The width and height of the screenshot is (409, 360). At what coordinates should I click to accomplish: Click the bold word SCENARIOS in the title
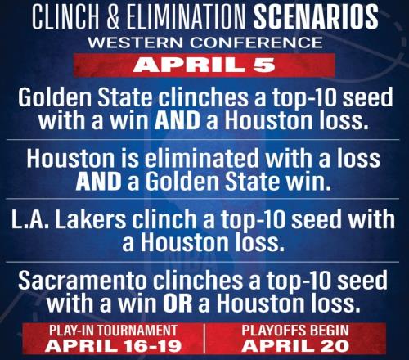click(316, 16)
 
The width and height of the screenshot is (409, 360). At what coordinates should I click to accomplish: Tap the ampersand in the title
click(114, 16)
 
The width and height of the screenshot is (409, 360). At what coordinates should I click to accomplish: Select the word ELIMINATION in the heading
click(187, 16)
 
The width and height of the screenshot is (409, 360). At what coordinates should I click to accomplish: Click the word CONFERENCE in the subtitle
click(256, 43)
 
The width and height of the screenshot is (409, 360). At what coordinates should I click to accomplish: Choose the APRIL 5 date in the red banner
click(204, 65)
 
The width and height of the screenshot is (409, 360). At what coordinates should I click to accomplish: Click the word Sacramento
click(82, 281)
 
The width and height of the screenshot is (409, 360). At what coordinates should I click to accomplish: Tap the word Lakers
click(91, 219)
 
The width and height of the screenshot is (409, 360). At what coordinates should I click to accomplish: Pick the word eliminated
click(201, 158)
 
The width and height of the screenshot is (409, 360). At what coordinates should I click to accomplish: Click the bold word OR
click(178, 304)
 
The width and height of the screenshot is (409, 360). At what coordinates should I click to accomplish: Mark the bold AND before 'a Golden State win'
click(98, 182)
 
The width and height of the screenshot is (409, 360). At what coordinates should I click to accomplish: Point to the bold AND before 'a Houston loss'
click(178, 120)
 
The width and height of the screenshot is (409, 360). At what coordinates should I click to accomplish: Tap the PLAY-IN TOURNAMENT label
click(114, 331)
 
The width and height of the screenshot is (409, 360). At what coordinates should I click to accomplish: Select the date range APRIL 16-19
click(114, 346)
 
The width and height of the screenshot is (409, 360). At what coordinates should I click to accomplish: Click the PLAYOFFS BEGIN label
click(295, 331)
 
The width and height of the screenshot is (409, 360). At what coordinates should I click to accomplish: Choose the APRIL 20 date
click(295, 346)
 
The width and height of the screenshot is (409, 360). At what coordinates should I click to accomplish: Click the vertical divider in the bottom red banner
click(204, 338)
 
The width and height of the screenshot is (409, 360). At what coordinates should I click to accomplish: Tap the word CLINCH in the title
click(65, 16)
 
